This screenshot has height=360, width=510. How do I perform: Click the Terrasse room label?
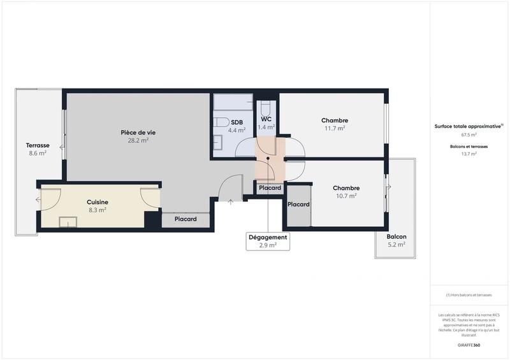click(x=38, y=145)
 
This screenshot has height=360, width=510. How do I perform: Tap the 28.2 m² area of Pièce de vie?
click(x=138, y=141)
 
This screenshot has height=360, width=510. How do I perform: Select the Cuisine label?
click(x=98, y=202)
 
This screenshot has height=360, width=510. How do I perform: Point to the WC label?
click(x=266, y=119)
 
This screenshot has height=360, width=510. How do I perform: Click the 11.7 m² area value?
click(x=335, y=128)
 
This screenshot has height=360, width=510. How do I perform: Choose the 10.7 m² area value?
click(x=346, y=196)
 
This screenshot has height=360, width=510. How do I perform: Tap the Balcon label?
click(x=396, y=236)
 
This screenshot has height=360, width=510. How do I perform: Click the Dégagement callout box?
click(x=268, y=241)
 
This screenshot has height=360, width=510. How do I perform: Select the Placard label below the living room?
click(x=186, y=219)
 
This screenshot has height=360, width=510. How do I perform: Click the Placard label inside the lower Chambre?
click(x=298, y=205)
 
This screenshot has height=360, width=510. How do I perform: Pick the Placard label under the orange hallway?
click(x=270, y=188)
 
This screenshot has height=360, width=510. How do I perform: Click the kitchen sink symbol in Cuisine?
click(x=68, y=222)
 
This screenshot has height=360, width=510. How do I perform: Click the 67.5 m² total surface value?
click(x=469, y=134)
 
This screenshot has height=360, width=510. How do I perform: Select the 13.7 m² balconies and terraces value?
click(x=469, y=154)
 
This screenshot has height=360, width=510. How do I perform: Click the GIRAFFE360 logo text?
click(x=469, y=345)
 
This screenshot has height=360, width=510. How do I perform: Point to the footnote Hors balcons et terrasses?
click(x=469, y=295)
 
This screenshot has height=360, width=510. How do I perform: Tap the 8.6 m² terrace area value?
click(x=38, y=153)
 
